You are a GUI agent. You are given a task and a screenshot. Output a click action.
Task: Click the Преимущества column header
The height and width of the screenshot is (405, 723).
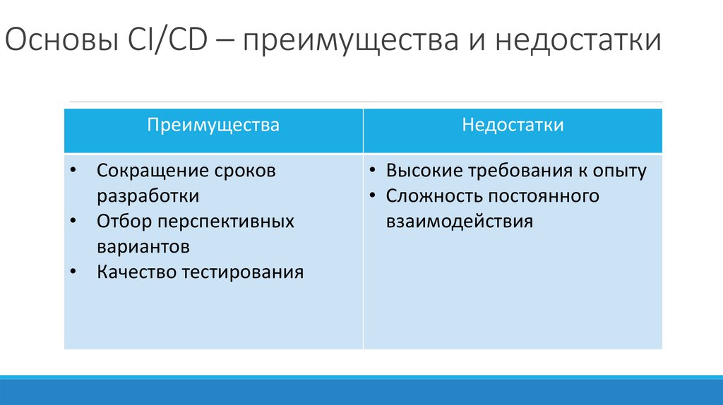pos(213,126)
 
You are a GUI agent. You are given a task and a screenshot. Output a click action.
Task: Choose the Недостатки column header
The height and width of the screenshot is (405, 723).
pos(513,126)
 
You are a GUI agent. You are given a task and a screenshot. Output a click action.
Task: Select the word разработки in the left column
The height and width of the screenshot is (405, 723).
pos(148,196)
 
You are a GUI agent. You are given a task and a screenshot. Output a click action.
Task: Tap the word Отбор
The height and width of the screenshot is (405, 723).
pos(124,222)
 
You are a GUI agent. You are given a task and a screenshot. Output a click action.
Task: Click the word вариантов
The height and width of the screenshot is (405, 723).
pos(143,247)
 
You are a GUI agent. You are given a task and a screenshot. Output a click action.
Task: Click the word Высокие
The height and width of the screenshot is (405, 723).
pos(424,171)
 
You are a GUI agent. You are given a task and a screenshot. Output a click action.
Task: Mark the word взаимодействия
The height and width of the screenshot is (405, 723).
pos(459,222)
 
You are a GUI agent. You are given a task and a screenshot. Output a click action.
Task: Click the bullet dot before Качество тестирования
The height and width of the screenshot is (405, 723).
pos(76,272)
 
